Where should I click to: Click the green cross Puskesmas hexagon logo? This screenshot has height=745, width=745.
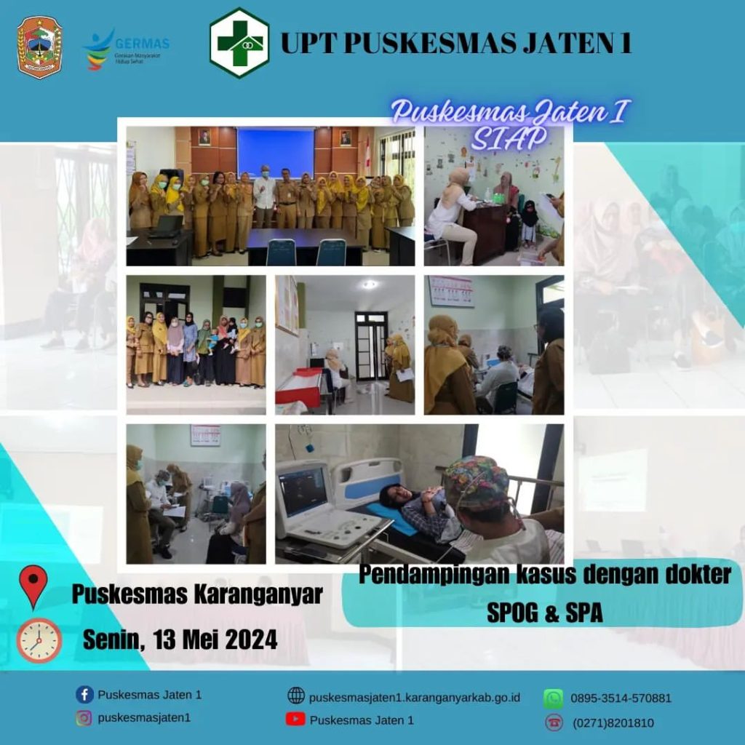pyautogui.click(x=239, y=43)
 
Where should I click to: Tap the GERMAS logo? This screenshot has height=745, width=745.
pyautogui.click(x=127, y=49)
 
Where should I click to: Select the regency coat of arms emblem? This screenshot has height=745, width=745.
pyautogui.click(x=40, y=47)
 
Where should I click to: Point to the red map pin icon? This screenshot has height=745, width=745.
pyautogui.click(x=33, y=586)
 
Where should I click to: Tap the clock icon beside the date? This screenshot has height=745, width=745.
pyautogui.click(x=39, y=640)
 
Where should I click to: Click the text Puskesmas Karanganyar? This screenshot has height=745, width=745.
pyautogui.click(x=197, y=594)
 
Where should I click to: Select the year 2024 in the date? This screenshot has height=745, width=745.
pyautogui.click(x=251, y=640)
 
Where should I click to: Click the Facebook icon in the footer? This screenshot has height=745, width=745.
pyautogui.click(x=84, y=695)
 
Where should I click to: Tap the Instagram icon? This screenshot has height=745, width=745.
pyautogui.click(x=84, y=717)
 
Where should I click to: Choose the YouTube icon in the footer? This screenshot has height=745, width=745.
pyautogui.click(x=295, y=720)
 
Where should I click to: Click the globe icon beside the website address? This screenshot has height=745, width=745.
pyautogui.click(x=296, y=696)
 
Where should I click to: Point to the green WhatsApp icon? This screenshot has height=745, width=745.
pyautogui.click(x=554, y=698)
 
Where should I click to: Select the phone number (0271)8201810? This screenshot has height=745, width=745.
pyautogui.click(x=613, y=723)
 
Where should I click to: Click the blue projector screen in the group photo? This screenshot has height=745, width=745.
pyautogui.click(x=276, y=153)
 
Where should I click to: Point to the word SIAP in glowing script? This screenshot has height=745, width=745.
pyautogui.click(x=509, y=138)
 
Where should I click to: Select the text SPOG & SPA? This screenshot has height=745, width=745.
pyautogui.click(x=545, y=613)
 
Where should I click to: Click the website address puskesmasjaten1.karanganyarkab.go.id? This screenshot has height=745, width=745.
pyautogui.click(x=415, y=698)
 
